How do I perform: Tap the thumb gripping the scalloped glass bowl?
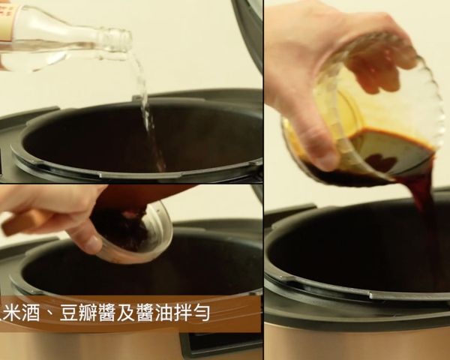315,139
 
